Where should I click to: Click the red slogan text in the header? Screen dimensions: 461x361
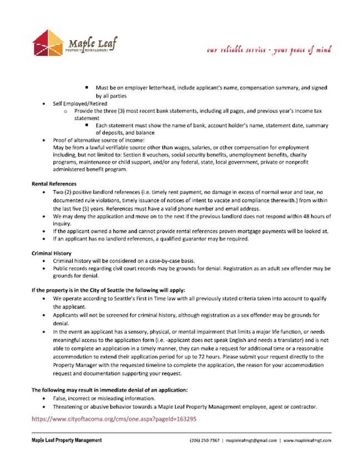click(x=269, y=49)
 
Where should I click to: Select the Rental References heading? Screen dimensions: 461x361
click(x=54, y=184)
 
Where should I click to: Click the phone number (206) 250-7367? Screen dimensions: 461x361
click(x=204, y=440)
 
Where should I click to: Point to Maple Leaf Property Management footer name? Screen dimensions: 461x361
click(x=67, y=440)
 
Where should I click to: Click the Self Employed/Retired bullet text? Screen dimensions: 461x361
click(x=80, y=104)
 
